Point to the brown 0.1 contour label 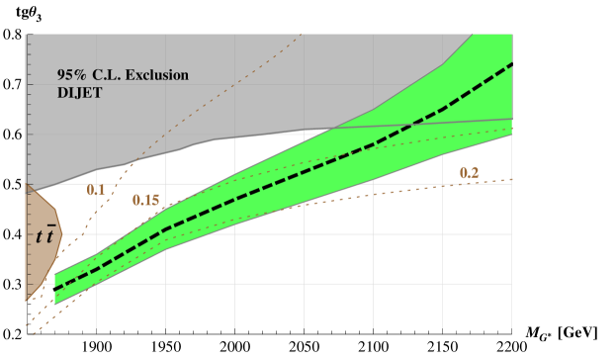(x=96, y=190)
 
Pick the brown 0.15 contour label (x=146, y=201)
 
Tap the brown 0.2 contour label (x=469, y=174)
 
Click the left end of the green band (x=56, y=287)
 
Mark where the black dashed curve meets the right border (x=511, y=63)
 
